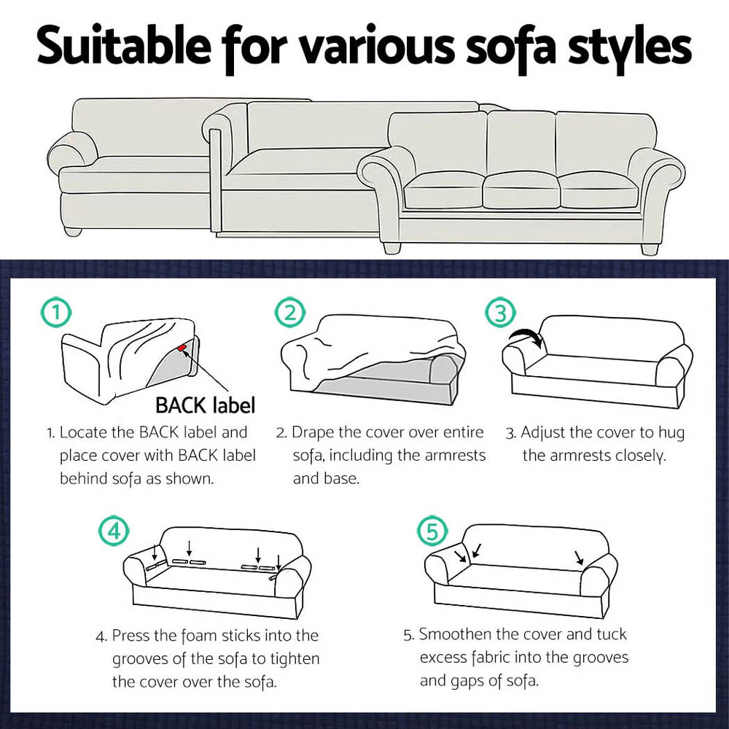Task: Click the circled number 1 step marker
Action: tap(56, 313)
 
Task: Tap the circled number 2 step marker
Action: tap(290, 313)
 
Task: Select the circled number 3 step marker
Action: tap(500, 313)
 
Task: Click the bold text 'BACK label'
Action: tap(205, 405)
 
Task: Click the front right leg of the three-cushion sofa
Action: tap(649, 248)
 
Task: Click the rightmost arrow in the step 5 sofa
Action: tap(579, 558)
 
